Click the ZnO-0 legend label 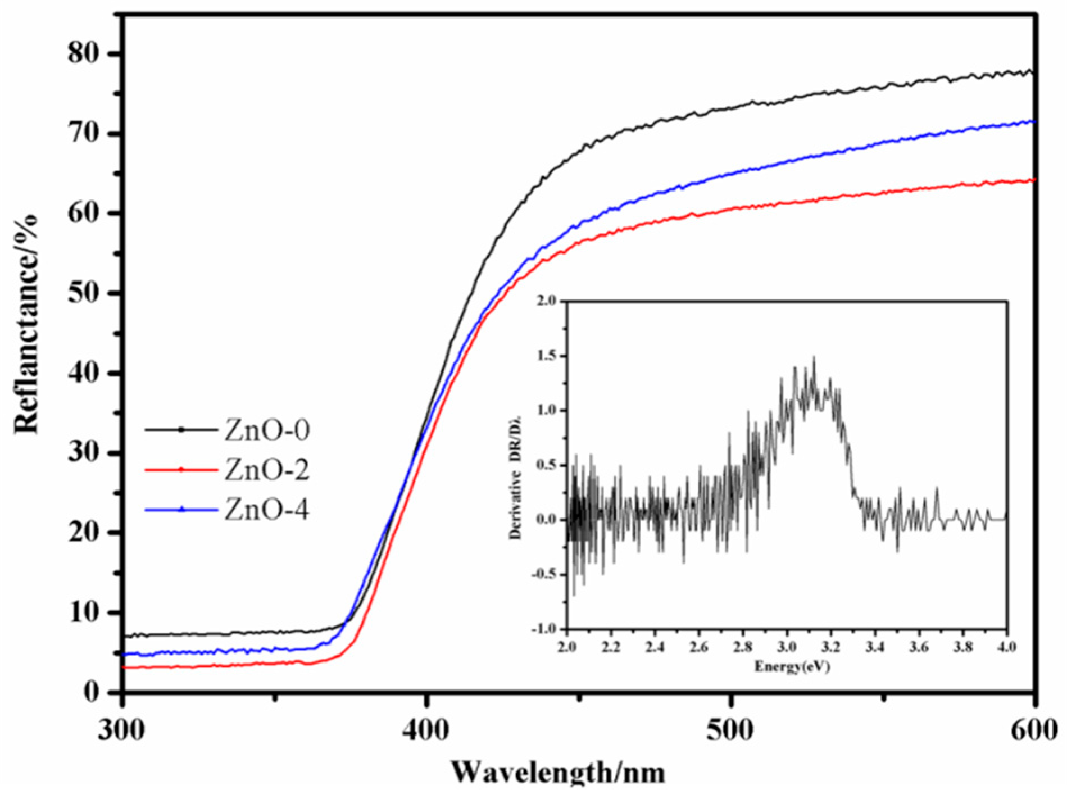click(267, 430)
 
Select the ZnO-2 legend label click(267, 470)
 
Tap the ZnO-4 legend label click(267, 510)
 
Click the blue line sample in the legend click(181, 510)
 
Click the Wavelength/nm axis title click(558, 773)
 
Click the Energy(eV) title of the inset click(792, 667)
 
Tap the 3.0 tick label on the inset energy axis click(787, 647)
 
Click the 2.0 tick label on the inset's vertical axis click(547, 301)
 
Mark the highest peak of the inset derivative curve click(814, 357)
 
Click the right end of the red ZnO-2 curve click(1033, 180)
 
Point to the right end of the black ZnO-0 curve click(1032, 72)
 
